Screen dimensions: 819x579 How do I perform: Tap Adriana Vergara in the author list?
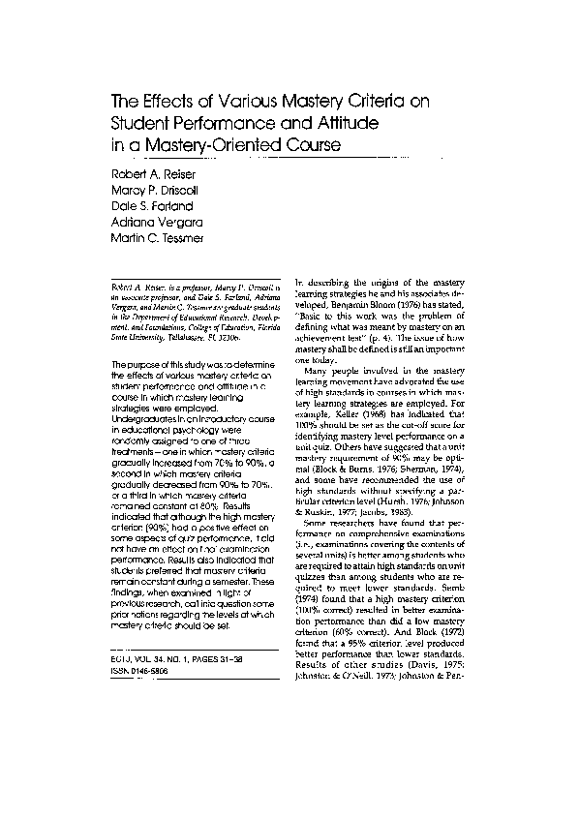[x=149, y=223]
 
